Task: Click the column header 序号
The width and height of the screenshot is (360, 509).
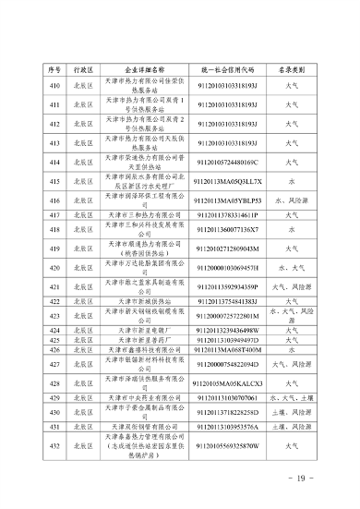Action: coord(54,69)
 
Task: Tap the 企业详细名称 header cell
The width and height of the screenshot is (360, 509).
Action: coord(141,69)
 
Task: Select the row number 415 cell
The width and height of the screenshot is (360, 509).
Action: coord(54,182)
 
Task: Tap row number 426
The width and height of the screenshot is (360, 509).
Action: coord(54,351)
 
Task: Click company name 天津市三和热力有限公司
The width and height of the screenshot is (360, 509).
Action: coord(141,213)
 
